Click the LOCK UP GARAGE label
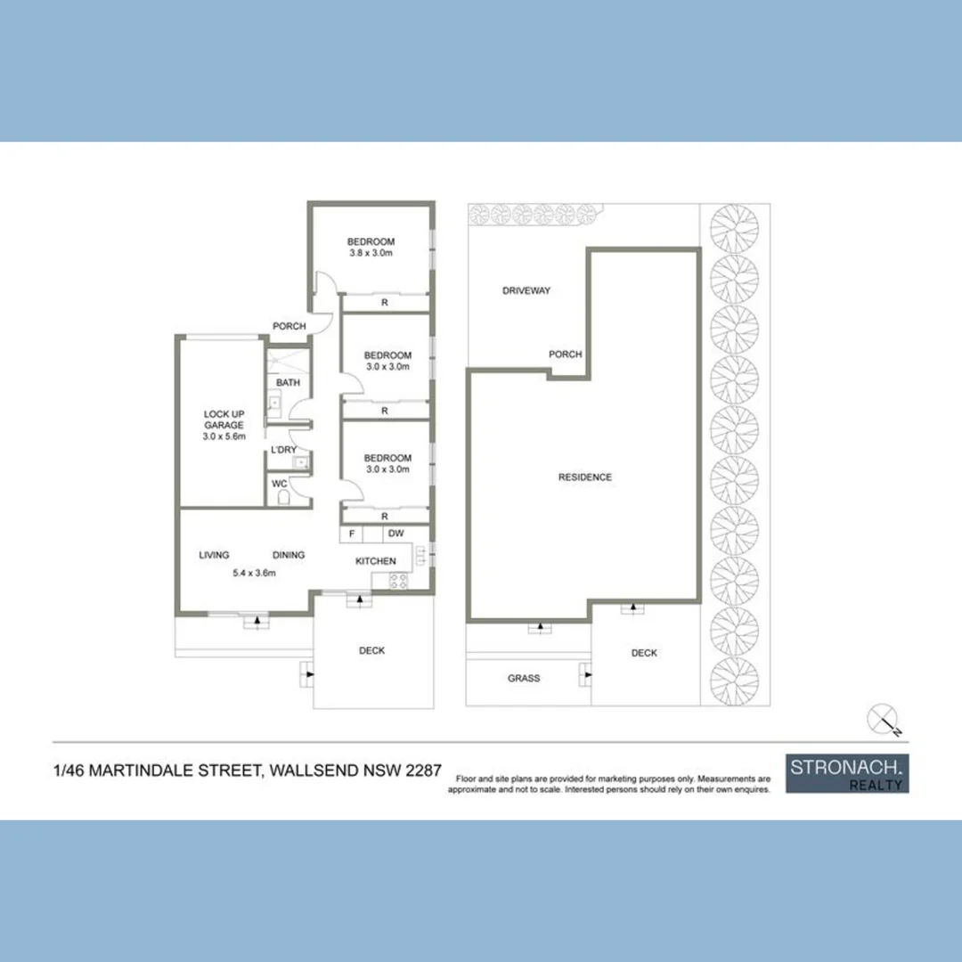click(x=224, y=420)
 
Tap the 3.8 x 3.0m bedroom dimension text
click(x=371, y=253)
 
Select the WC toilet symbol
click(x=283, y=498)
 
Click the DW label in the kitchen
click(x=396, y=534)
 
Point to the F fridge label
click(x=352, y=534)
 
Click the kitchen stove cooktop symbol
click(x=398, y=581)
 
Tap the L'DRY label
click(x=283, y=450)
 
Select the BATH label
click(x=288, y=383)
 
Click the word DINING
click(x=289, y=555)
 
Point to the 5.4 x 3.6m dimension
click(x=254, y=573)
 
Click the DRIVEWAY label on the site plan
click(x=526, y=290)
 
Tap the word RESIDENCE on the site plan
click(x=584, y=477)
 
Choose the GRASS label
click(x=524, y=678)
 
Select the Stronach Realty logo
click(x=847, y=774)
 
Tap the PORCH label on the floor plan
click(x=289, y=326)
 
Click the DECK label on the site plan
click(x=644, y=653)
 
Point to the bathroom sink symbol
click(x=273, y=404)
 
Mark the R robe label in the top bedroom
click(x=385, y=303)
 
